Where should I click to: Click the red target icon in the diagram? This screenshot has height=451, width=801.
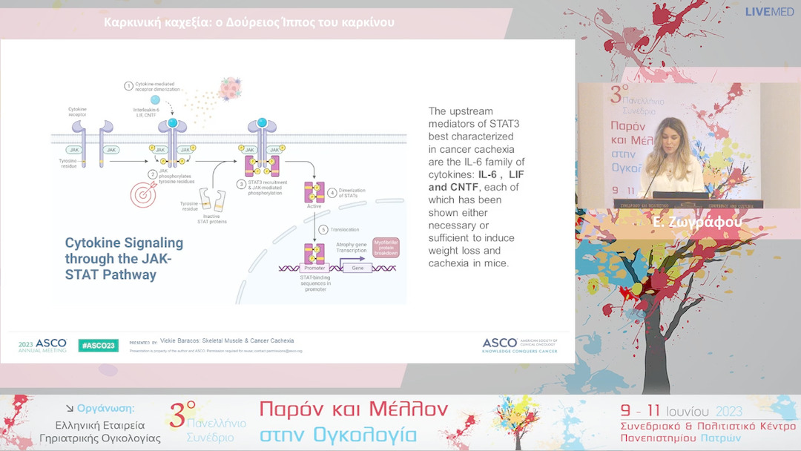click(143, 194)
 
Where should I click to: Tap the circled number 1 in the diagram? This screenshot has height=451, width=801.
click(129, 86)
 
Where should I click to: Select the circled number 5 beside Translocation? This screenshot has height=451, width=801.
click(323, 229)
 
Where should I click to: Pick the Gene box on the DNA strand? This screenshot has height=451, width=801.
click(357, 267)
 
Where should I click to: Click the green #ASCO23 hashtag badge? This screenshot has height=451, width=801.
click(99, 345)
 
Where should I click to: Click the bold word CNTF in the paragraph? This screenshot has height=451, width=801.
click(464, 187)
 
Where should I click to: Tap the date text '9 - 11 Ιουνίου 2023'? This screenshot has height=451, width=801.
click(682, 412)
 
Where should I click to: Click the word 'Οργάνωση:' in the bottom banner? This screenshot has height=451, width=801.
click(106, 408)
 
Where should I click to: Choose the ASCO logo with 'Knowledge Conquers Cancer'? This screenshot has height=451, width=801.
click(519, 345)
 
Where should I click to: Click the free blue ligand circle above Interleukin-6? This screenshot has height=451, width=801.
click(155, 100)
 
